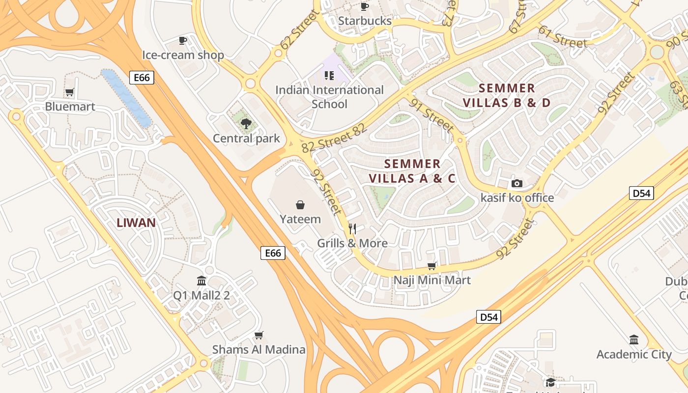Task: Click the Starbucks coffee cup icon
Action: point(364,6)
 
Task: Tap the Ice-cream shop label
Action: point(183,55)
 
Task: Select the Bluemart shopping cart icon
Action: point(70,92)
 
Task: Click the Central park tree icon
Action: point(246,124)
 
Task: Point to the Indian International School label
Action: point(329,97)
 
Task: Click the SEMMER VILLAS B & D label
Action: point(507,95)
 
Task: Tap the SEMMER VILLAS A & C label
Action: point(412,171)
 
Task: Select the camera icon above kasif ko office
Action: point(517,183)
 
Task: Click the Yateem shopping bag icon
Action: point(300,205)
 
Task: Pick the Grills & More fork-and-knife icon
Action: point(352,228)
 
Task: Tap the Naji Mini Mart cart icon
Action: point(432,266)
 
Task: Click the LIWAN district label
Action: point(136,223)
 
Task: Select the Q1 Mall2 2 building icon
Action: point(201,281)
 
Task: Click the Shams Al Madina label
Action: point(258,350)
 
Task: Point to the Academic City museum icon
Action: point(634,339)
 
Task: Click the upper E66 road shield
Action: point(142,77)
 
